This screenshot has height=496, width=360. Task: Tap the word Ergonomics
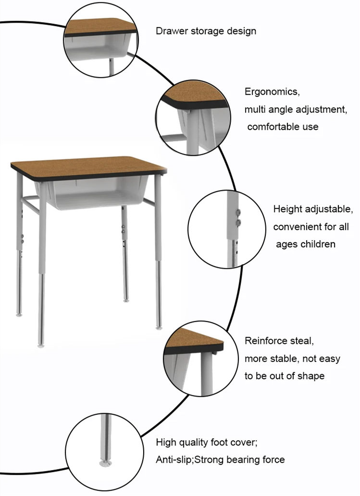(x=272, y=92)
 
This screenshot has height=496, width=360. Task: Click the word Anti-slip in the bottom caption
(x=174, y=459)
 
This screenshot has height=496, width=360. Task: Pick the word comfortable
(x=273, y=127)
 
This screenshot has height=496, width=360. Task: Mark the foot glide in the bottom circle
(x=105, y=463)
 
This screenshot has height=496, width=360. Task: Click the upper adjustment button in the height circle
(x=238, y=212)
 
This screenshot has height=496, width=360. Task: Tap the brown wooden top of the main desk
(x=88, y=165)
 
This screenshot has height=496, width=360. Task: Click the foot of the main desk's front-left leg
(x=41, y=345)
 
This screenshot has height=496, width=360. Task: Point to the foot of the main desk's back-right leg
(x=126, y=300)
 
